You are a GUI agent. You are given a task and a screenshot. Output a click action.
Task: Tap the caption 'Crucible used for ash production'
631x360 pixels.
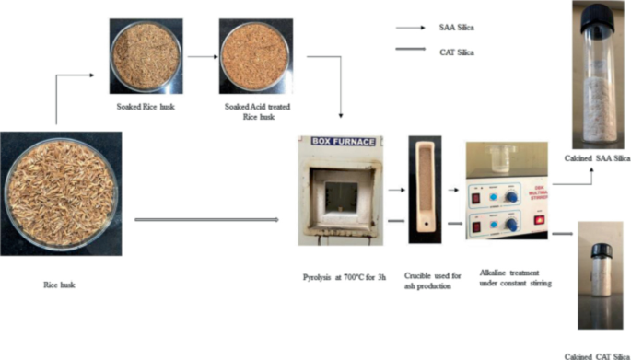(x=427, y=282)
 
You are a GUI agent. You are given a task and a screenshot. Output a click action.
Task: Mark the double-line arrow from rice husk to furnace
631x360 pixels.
(x=206, y=219)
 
